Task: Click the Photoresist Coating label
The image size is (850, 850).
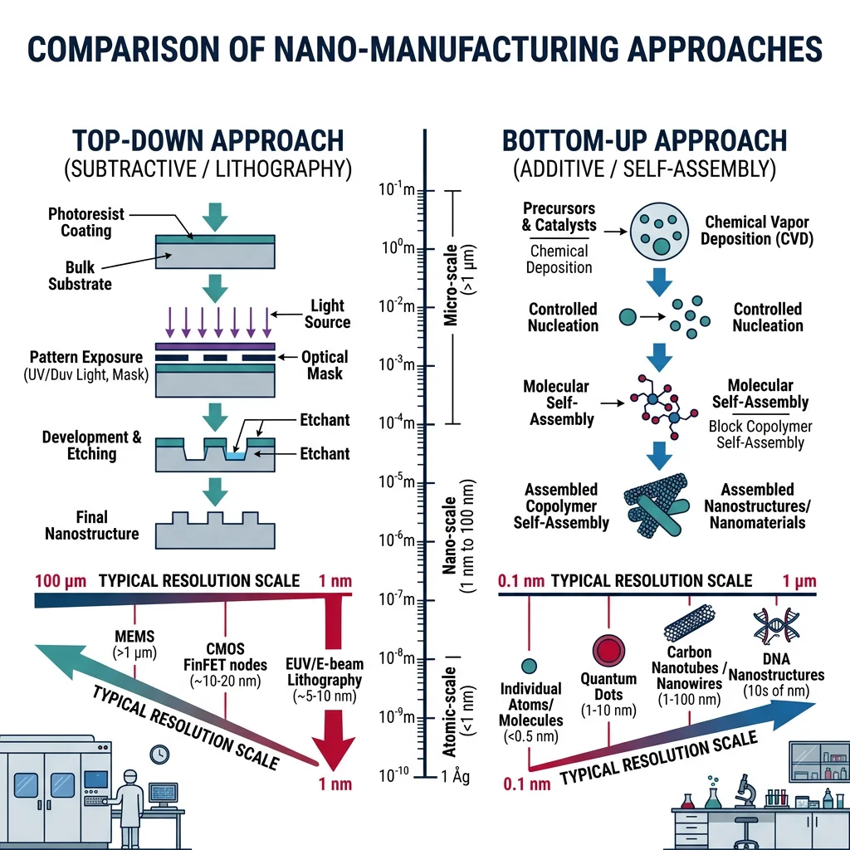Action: click(81, 222)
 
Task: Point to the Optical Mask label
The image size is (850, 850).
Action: click(325, 365)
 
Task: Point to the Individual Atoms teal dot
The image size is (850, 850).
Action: click(530, 665)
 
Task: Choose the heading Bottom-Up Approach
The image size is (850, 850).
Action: click(644, 140)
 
